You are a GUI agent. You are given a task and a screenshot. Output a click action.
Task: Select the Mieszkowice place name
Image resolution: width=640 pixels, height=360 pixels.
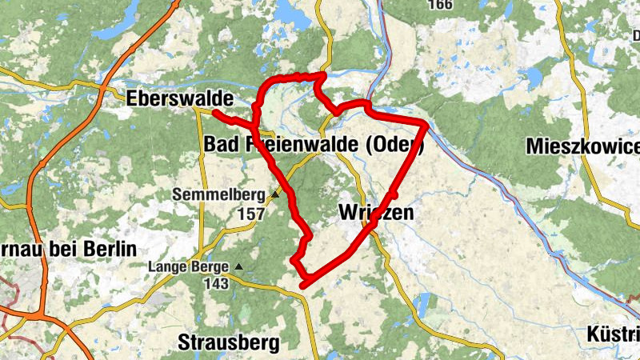point(583,146)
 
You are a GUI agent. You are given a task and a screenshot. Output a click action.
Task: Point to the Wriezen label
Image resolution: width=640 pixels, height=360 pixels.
point(376,213)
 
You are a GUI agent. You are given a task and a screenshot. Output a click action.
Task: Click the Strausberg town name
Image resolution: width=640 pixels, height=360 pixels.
point(228,343)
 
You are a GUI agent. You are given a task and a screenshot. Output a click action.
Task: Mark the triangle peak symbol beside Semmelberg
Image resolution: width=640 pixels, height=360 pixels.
point(275,194)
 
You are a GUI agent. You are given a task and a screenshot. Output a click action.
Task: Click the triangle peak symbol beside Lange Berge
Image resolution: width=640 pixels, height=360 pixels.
point(238,266)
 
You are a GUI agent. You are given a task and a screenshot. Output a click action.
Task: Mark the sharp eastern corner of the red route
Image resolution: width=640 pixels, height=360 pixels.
point(426,126)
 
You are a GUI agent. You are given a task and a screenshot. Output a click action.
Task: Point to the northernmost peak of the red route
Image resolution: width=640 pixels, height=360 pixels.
point(322,75)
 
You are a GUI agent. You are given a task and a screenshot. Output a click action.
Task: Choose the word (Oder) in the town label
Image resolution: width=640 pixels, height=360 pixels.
point(394,145)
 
